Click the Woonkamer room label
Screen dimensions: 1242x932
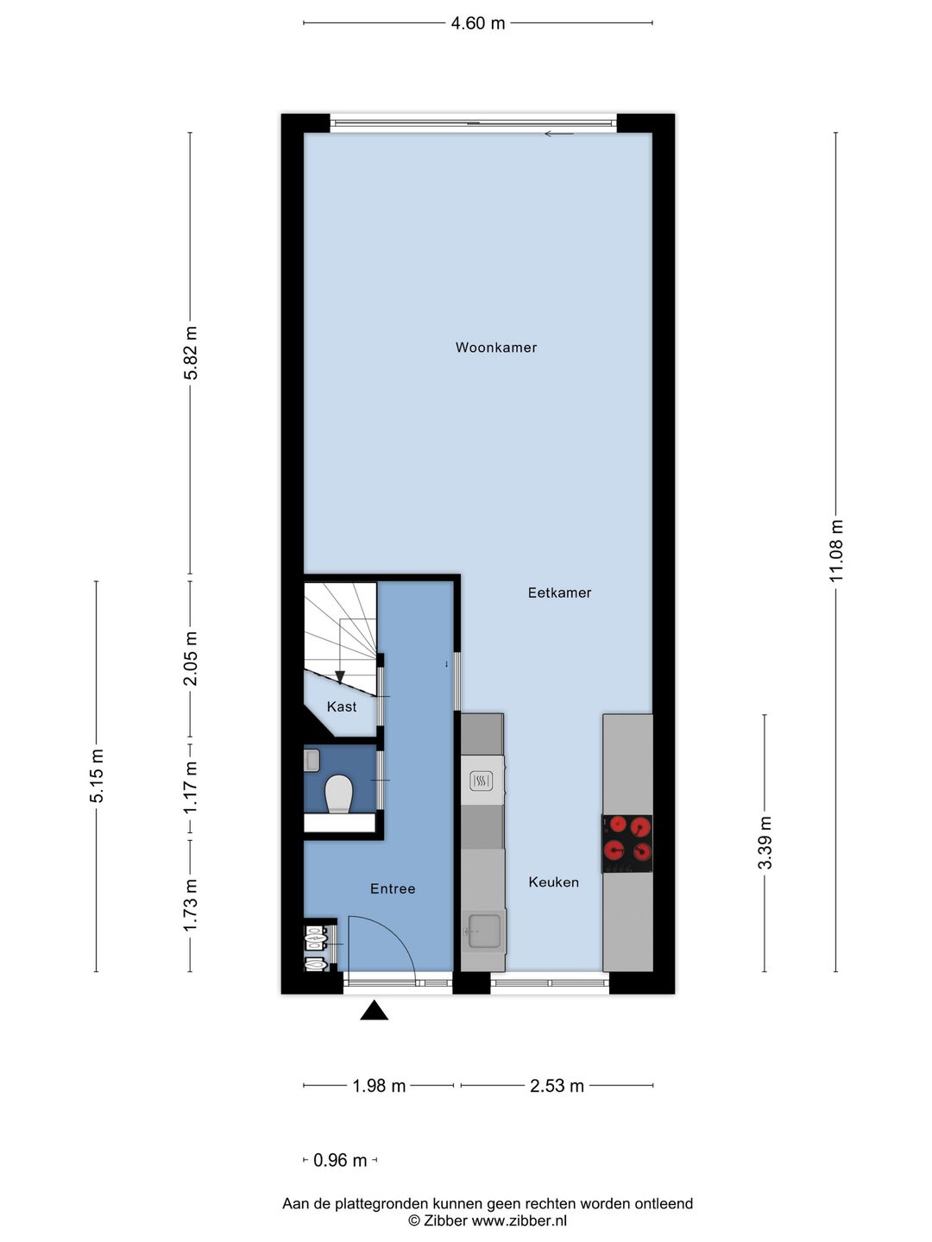point(496,348)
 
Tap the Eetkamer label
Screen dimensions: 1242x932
point(559,593)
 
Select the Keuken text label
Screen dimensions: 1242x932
point(553,881)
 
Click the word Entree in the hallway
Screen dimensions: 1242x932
point(393,888)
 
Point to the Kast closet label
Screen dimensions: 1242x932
point(342,706)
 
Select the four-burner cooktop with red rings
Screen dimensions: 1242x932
point(627,843)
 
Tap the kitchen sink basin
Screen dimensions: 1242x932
point(483,930)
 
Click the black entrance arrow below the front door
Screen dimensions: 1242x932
point(374,1011)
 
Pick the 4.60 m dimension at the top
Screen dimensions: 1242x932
point(478,23)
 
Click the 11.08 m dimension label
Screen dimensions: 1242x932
point(836,551)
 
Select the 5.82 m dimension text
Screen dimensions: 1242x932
point(191,353)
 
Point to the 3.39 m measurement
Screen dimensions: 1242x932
point(765,843)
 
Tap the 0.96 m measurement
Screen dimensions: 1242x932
point(340,1160)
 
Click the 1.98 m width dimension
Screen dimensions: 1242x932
point(379,1085)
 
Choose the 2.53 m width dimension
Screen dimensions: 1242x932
point(557,1085)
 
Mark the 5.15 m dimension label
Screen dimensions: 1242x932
point(97,775)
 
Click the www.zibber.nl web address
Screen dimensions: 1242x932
point(519,1220)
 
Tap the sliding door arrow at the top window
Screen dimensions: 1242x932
point(559,134)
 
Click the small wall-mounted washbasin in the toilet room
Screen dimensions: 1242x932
point(312,760)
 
